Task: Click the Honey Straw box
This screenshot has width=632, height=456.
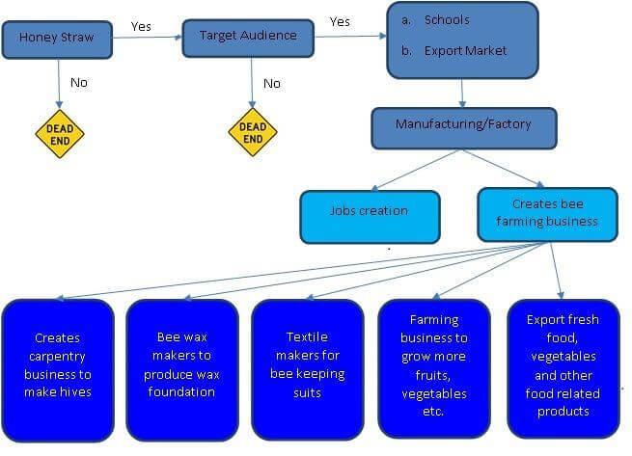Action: [57, 40]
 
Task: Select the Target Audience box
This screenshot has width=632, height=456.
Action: [248, 38]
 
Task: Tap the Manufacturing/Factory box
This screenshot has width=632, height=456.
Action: [464, 128]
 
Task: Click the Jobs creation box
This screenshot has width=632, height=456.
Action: [370, 217]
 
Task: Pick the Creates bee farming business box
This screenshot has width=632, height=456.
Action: [547, 214]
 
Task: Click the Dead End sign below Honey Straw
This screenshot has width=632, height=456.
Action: [60, 134]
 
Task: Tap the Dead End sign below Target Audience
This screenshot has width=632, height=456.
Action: [253, 132]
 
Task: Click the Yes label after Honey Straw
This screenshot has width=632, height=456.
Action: [141, 27]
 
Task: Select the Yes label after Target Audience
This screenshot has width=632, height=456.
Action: [340, 22]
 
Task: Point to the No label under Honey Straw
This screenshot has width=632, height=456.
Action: [79, 83]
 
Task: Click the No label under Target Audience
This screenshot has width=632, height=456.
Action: [272, 84]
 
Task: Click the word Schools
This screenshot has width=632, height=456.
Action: [447, 19]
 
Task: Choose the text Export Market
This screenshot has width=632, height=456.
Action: [465, 51]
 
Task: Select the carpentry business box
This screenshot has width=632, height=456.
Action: [58, 370]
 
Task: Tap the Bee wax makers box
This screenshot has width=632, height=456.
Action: [182, 370]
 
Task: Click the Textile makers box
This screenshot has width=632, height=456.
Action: [308, 370]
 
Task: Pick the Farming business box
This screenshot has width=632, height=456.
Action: [434, 368]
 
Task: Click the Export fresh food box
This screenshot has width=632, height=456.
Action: [563, 368]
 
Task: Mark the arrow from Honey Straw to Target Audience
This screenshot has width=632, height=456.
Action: [148, 38]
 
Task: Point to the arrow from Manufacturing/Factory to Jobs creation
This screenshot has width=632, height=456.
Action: [415, 170]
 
